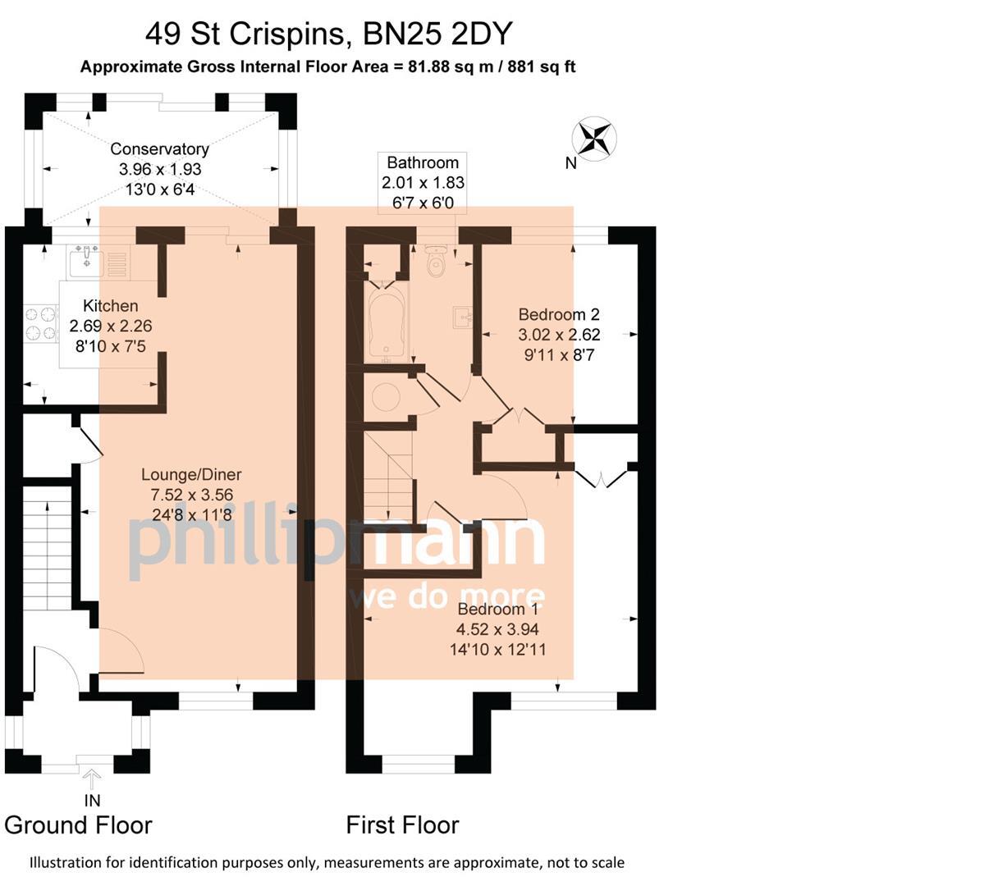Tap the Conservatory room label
(x=159, y=149)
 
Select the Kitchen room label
(x=110, y=306)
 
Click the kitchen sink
(x=85, y=261)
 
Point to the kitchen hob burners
(x=41, y=322)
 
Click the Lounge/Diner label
(x=191, y=474)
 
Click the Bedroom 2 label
(x=559, y=314)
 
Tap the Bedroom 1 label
(x=497, y=610)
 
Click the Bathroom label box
(x=423, y=182)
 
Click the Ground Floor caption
(x=79, y=824)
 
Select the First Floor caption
(x=402, y=824)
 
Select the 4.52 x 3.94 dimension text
(x=497, y=630)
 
